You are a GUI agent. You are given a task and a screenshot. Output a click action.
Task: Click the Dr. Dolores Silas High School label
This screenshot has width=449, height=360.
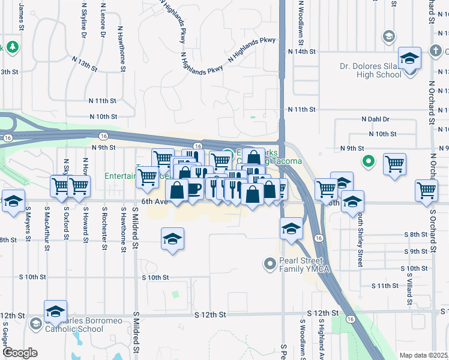(371, 70)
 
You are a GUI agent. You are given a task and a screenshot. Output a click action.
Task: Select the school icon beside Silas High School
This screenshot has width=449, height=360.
(410, 59)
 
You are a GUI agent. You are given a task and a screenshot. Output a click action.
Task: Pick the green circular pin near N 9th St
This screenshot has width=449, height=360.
(369, 161)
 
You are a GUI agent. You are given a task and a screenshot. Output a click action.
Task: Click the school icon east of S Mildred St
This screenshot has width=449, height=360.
(172, 239)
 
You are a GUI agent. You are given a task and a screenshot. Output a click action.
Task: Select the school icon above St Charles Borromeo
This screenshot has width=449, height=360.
(55, 312)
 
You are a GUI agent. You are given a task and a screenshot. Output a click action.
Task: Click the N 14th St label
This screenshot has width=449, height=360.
(301, 52)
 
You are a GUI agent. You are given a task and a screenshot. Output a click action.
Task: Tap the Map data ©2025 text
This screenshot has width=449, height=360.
(423, 355)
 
